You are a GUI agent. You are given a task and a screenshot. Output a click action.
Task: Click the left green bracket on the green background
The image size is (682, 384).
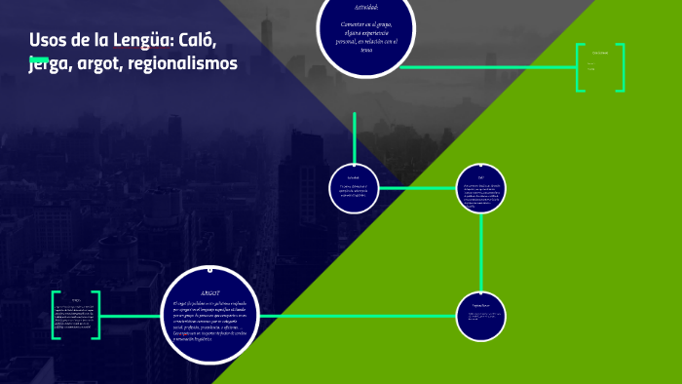tap(579, 67)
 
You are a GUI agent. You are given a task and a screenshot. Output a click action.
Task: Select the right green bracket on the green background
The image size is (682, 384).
tap(621, 67)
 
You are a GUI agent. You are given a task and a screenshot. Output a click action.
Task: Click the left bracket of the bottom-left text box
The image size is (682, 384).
tap(56, 315)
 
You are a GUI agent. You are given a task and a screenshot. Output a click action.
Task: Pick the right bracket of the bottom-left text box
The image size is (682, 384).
tap(97, 315)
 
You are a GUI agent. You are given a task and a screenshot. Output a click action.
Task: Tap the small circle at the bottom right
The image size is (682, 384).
tap(482, 317)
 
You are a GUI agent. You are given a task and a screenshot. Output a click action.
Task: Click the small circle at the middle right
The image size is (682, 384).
tap(482, 186)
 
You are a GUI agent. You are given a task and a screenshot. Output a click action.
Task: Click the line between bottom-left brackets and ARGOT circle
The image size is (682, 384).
tap(130, 315)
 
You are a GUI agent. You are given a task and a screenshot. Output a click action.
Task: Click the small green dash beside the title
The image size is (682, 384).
tap(39, 58)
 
